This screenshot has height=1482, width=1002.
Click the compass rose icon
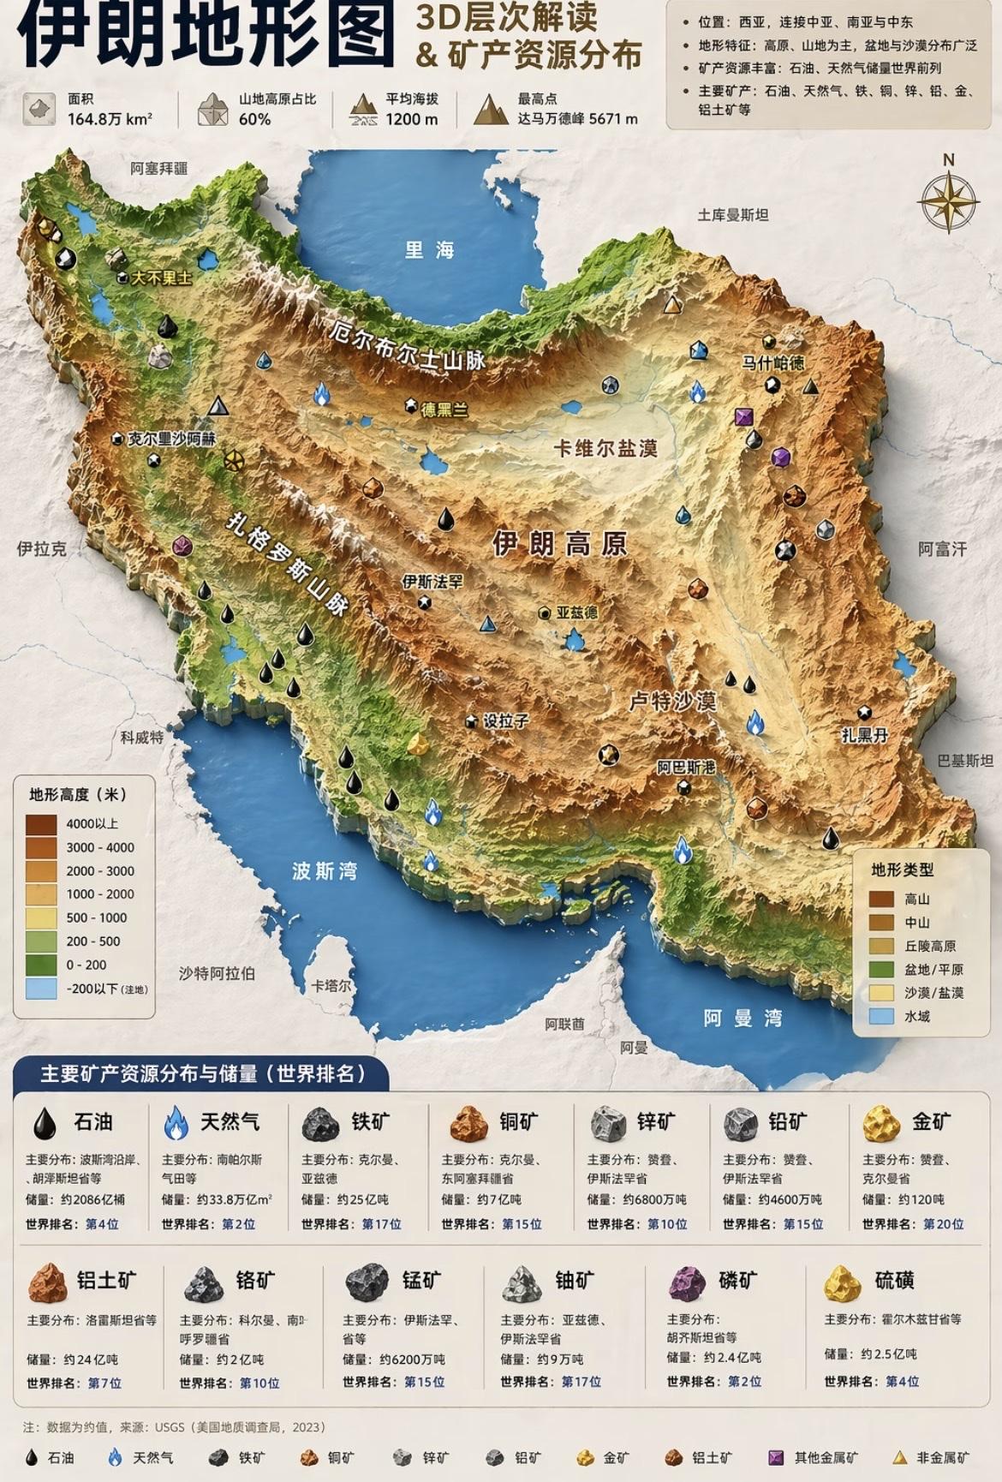(948, 202)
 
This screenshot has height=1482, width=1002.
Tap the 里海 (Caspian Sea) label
(430, 250)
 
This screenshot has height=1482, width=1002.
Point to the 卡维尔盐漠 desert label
(606, 448)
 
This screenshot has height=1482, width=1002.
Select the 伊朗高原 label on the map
(560, 543)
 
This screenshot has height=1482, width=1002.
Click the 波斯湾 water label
(324, 871)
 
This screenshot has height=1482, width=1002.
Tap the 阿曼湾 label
(743, 1018)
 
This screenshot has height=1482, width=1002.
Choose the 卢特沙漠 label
(672, 702)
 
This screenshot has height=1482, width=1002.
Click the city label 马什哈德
(772, 362)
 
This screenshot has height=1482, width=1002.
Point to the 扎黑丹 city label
(864, 734)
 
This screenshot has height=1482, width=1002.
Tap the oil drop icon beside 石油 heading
(45, 1122)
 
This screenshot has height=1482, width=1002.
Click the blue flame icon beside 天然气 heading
(176, 1122)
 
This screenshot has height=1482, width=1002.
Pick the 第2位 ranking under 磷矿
(744, 1381)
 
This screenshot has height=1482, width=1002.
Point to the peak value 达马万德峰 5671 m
(577, 119)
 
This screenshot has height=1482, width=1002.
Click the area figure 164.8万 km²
(110, 119)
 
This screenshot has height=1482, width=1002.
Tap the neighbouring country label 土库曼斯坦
(732, 215)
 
